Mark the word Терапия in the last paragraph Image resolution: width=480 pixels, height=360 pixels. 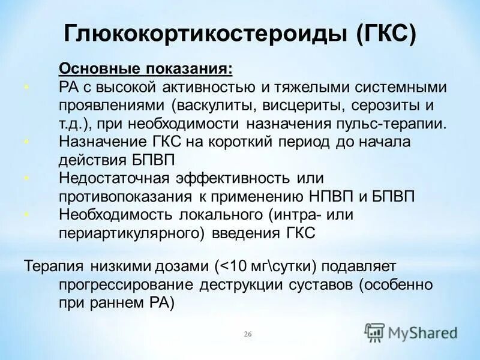pyautogui.click(x=54, y=265)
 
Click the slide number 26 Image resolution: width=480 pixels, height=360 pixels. pyautogui.click(x=247, y=334)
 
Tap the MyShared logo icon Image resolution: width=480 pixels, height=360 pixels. pyautogui.click(x=375, y=331)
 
